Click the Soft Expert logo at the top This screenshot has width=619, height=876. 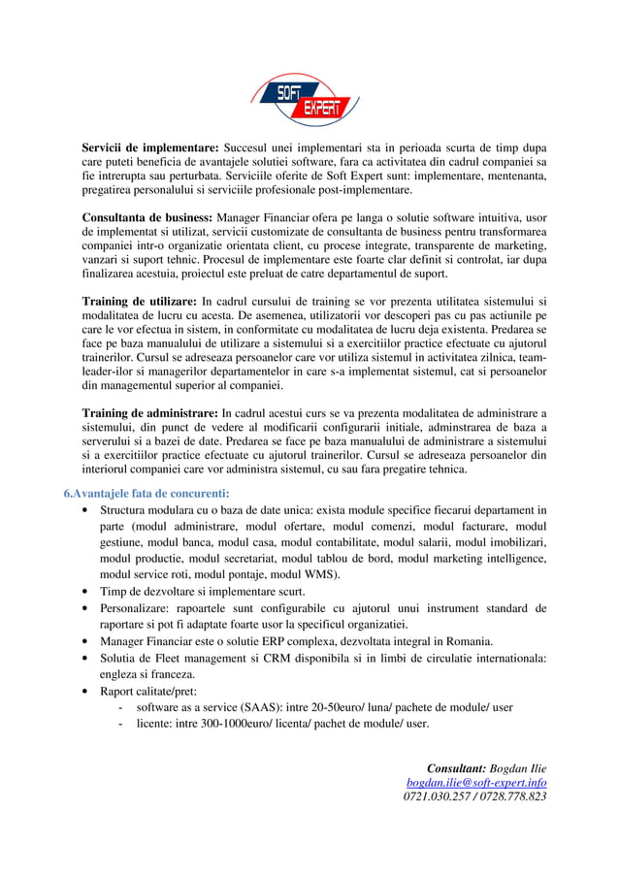click(x=305, y=100)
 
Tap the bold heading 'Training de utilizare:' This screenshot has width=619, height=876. click(x=141, y=301)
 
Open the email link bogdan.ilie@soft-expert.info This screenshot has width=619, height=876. click(x=476, y=782)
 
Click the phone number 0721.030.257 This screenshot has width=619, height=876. click(x=437, y=796)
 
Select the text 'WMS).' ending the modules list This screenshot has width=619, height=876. click(x=321, y=574)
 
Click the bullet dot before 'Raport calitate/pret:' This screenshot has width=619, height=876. click(x=88, y=692)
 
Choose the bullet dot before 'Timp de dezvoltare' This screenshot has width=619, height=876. click(x=88, y=592)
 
